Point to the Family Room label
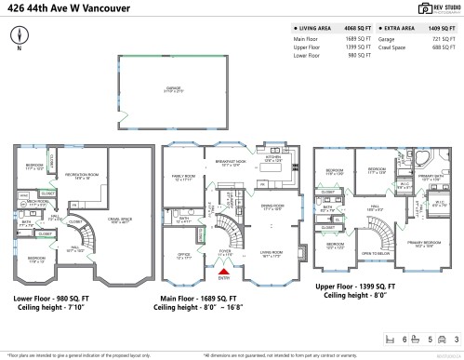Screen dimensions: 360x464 pos(182,178)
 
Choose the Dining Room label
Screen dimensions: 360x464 pos(272,207)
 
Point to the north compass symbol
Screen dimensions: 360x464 pos(20,36)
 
